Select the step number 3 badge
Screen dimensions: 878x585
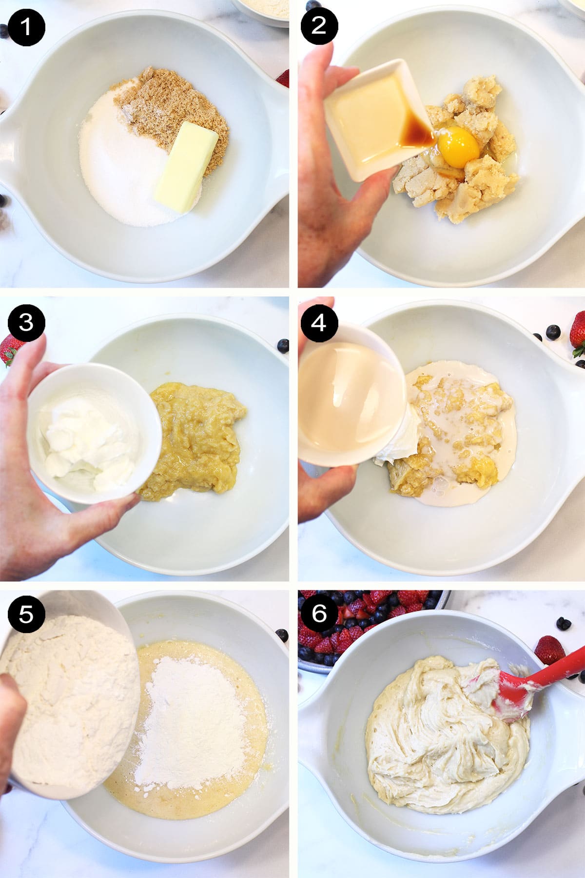pos(26,322)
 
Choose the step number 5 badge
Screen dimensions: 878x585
pos(26,614)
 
